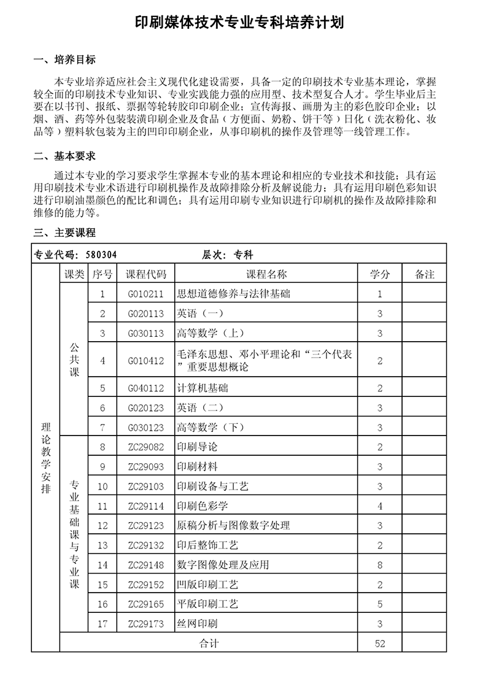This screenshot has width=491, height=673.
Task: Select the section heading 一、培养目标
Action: (64, 60)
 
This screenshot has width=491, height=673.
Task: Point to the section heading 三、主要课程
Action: (64, 233)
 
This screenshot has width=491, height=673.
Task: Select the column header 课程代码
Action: (145, 274)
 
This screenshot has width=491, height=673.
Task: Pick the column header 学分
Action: (380, 274)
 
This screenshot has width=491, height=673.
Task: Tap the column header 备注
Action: (424, 274)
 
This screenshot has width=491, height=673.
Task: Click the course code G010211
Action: (145, 294)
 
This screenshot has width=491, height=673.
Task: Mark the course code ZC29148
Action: (145, 564)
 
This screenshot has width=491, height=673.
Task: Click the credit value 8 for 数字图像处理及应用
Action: (380, 564)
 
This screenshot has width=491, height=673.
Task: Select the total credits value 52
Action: (380, 644)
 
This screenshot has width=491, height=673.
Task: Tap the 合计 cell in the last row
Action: (209, 644)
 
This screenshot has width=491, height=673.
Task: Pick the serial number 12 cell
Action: (102, 526)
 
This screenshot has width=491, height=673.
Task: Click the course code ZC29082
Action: (145, 447)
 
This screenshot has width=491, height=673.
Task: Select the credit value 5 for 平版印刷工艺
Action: (380, 604)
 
